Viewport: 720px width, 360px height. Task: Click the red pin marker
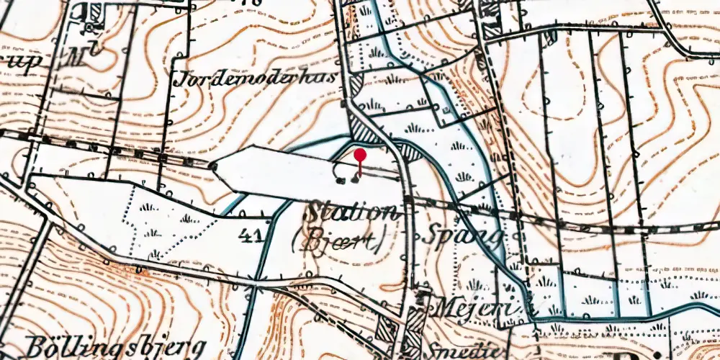tap(360, 155)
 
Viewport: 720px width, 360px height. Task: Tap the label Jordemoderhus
tap(256, 78)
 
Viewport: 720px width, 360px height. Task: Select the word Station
tap(351, 212)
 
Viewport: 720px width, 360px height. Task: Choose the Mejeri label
tap(475, 307)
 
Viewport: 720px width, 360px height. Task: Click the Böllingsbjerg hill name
tap(115, 346)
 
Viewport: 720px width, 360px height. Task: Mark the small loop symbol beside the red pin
tap(341, 170)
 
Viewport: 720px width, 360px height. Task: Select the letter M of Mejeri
tap(441, 307)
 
